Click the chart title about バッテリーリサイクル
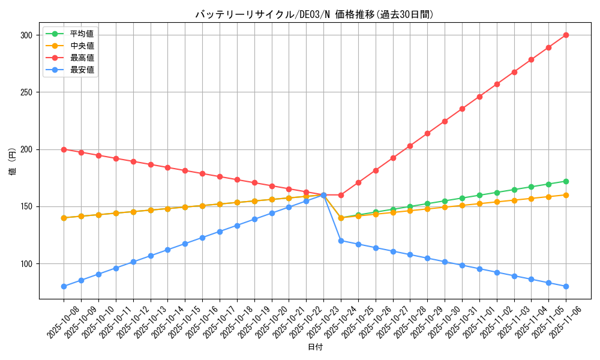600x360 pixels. click(x=314, y=14)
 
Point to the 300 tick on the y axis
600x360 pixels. click(x=27, y=35)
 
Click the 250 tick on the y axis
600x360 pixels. click(x=27, y=92)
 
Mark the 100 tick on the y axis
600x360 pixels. click(x=27, y=264)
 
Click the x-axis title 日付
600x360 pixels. click(x=315, y=347)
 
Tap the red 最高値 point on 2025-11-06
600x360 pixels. click(x=566, y=35)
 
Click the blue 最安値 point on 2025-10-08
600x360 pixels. click(x=64, y=286)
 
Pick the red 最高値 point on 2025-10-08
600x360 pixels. click(x=64, y=149)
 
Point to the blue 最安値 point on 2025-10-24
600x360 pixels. click(x=341, y=241)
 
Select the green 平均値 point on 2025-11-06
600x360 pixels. click(x=566, y=181)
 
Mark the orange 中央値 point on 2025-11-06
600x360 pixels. click(x=566, y=195)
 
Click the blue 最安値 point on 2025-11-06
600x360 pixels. click(x=566, y=286)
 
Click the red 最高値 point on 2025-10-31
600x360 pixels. click(x=462, y=109)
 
